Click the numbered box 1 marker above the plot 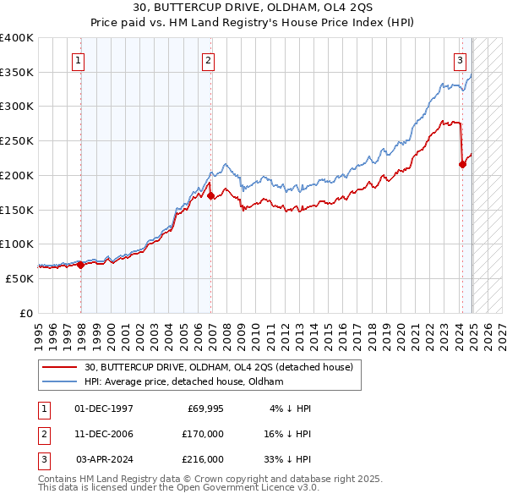coord(78,60)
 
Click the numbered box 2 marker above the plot coord(208,60)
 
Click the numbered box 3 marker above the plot coord(460,60)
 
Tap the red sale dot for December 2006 coord(211,195)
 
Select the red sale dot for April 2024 coord(462,164)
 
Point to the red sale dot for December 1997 coord(81,265)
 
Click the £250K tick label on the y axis coord(16,140)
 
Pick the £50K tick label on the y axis coord(19,278)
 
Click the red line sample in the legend coord(61,366)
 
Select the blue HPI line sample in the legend coord(61,381)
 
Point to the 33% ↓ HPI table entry coord(286,459)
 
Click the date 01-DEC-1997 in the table coord(104,409)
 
